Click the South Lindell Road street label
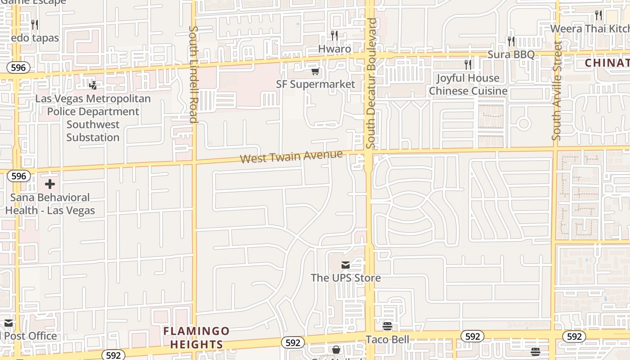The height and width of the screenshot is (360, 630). [x=193, y=74]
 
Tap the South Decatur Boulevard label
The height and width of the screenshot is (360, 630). [x=371, y=83]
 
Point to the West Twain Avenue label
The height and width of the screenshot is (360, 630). [x=291, y=157]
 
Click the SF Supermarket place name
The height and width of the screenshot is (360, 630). [x=315, y=84]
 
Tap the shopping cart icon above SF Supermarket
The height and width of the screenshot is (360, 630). [x=315, y=72]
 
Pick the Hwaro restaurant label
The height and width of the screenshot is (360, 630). [x=334, y=49]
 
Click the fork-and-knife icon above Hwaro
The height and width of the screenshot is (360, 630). [x=334, y=36]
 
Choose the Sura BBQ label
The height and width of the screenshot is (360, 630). [x=511, y=54]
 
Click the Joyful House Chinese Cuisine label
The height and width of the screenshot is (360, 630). [x=468, y=85]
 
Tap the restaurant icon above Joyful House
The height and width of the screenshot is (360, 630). [x=468, y=65]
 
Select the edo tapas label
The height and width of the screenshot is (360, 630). [x=35, y=38]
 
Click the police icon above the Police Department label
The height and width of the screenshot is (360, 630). [x=93, y=85]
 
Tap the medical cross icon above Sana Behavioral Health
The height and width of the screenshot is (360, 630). [x=50, y=184]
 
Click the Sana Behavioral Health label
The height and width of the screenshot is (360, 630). [x=50, y=204]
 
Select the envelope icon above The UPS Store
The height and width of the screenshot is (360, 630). [x=346, y=265]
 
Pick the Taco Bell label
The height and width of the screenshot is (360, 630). [x=387, y=339]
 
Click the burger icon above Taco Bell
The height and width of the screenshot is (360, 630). [x=387, y=326]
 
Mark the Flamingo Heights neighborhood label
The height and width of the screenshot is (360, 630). [x=196, y=338]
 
